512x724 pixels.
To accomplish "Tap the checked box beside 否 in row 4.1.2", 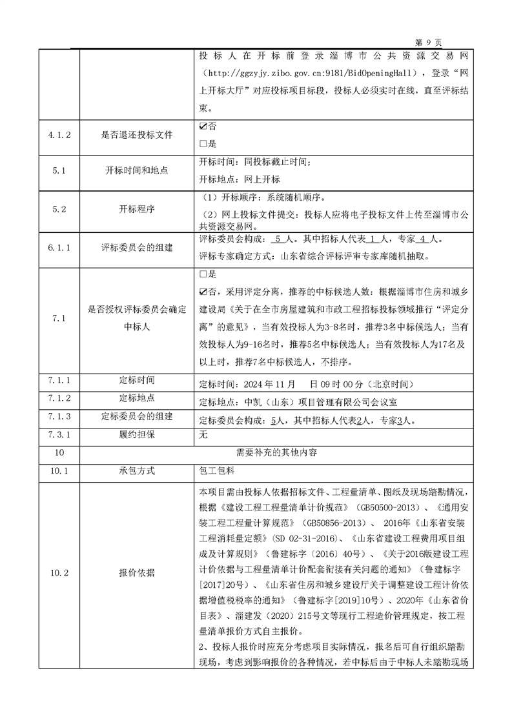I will [204, 128].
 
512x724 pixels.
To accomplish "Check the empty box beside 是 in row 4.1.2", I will [204, 143].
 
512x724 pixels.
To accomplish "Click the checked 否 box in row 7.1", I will [204, 291].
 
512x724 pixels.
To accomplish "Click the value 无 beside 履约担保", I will [204, 436].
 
